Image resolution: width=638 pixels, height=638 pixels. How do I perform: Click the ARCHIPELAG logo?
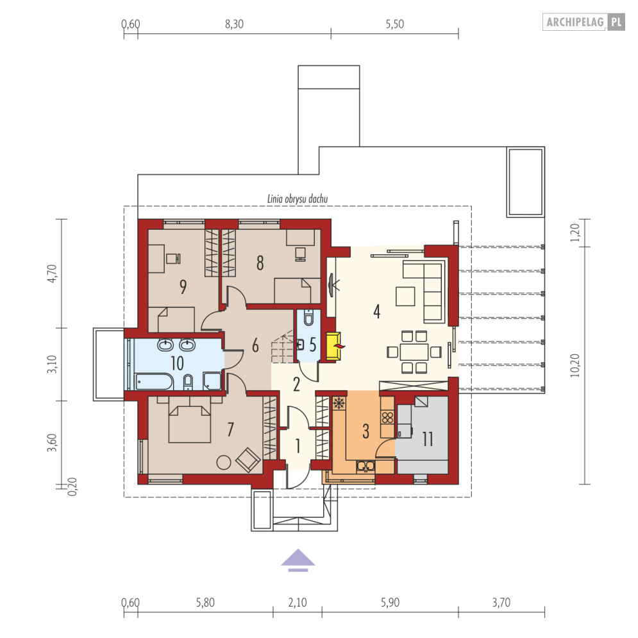pos(583,22)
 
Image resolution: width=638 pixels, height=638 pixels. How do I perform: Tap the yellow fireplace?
pos(333,347)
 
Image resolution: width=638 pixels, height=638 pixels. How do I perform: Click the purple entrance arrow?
pos(298,560)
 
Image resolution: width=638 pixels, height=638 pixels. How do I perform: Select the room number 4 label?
pos(377,312)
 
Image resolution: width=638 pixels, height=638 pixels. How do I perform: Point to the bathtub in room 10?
pos(155,382)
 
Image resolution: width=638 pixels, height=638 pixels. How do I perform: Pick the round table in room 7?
pos(224,462)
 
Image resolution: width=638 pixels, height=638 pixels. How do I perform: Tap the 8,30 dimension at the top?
pos(235,24)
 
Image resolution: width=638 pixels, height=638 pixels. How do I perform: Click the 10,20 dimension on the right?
pos(575,365)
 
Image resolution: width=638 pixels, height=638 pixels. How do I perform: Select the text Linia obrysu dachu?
pos(298,199)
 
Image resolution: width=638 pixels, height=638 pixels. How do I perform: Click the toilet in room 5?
pos(308,318)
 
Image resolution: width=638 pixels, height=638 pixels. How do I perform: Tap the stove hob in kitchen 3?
pos(387,418)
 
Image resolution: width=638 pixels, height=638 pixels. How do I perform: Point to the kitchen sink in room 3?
pos(365,466)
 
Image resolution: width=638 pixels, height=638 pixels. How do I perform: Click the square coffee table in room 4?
pos(405,296)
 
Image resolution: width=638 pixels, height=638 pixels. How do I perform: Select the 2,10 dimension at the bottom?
pos(298,603)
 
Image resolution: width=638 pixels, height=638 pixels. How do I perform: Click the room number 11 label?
pos(428,439)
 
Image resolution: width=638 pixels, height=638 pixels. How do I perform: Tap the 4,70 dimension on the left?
pos(52,273)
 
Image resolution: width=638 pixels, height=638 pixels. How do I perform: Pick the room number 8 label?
pos(260,263)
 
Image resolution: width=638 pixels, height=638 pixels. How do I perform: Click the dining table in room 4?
pos(414,352)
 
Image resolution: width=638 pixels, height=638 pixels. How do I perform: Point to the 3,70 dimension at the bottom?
pos(501,603)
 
